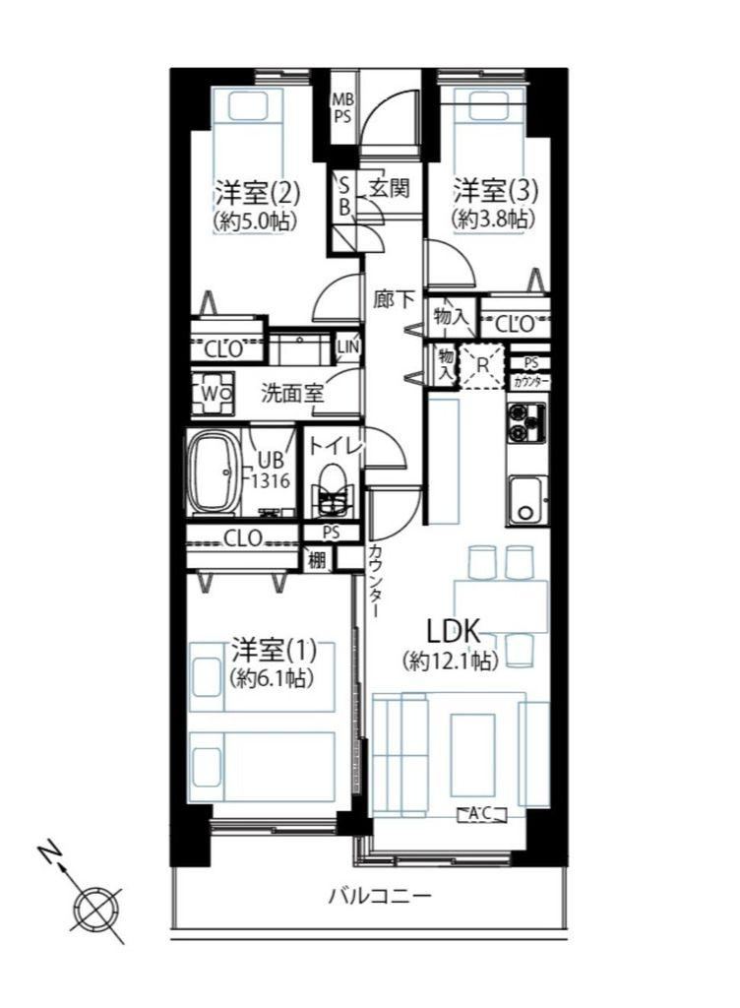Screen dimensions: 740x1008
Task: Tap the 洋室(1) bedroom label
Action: (x=275, y=650)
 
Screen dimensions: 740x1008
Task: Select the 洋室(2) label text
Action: (x=258, y=192)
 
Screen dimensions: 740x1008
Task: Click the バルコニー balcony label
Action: (x=380, y=896)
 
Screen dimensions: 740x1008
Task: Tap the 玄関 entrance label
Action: (x=390, y=188)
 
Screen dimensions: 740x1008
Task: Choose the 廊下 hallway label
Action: (x=394, y=299)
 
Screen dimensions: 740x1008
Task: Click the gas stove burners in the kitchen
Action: (x=526, y=422)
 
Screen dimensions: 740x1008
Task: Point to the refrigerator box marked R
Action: (x=482, y=366)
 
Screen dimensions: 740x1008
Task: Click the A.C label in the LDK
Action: (x=481, y=814)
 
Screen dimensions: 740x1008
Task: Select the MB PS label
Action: (x=342, y=108)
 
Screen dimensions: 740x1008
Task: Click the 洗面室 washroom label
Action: (x=292, y=393)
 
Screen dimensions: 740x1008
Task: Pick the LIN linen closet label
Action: (x=348, y=346)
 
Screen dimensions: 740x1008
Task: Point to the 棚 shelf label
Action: (x=317, y=560)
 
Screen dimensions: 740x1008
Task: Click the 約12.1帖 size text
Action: (x=451, y=661)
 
